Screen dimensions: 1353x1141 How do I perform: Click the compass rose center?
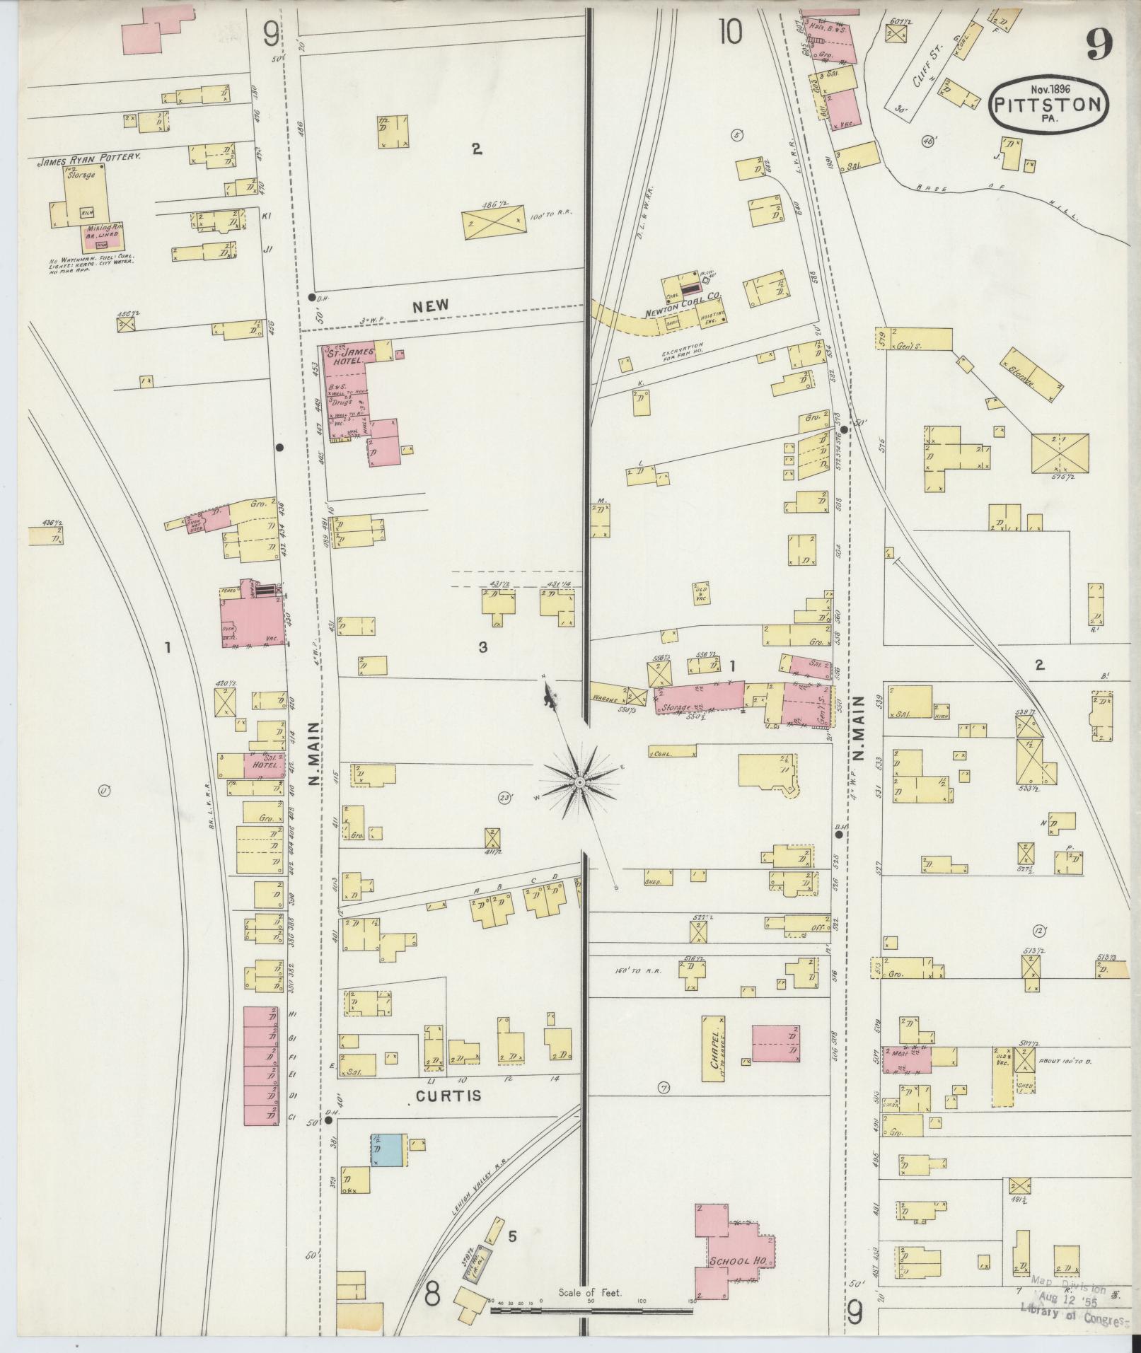579,782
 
